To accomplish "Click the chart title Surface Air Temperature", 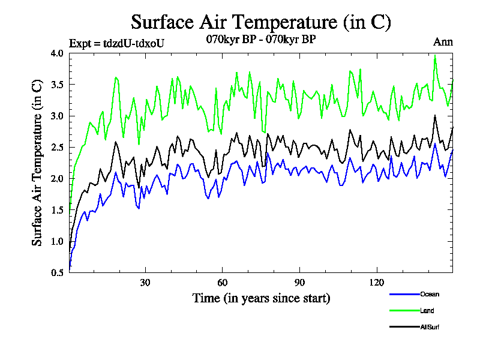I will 261,22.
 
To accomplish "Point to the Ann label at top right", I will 443,42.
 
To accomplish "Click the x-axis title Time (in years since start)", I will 261,298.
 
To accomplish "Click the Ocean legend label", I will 429,294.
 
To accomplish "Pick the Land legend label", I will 427,311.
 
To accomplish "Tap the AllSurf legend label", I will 430,327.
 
